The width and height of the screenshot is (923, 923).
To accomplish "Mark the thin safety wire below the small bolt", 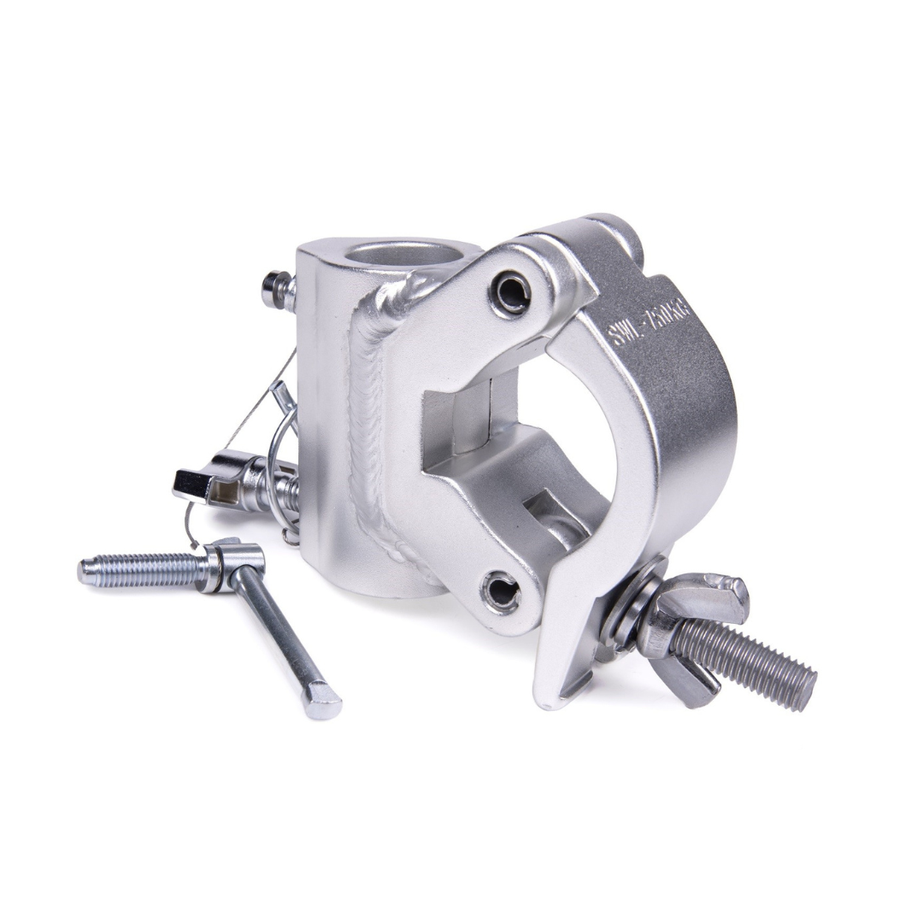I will coord(256,402).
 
